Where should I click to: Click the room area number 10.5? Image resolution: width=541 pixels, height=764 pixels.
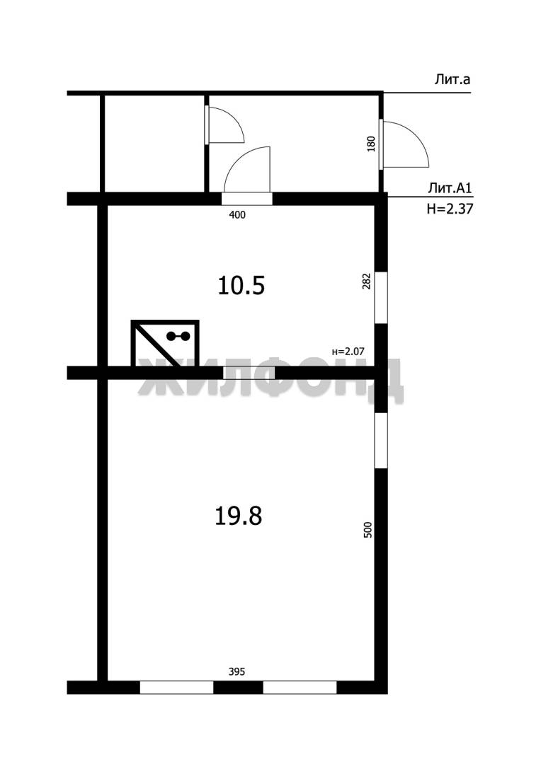(x=241, y=286)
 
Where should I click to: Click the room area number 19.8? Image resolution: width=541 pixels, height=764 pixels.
(x=239, y=516)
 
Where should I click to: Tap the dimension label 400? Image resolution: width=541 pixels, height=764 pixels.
(x=237, y=215)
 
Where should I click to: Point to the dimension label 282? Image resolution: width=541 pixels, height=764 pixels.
(x=367, y=281)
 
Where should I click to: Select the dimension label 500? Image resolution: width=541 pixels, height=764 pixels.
(x=368, y=530)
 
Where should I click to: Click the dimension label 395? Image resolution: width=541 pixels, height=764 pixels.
(x=237, y=672)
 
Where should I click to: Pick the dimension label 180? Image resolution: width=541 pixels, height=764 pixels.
(x=371, y=144)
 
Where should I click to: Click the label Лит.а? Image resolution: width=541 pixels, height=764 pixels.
(x=452, y=80)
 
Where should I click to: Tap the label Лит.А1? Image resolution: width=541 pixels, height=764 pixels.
(x=450, y=188)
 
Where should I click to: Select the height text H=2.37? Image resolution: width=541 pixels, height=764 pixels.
(x=450, y=209)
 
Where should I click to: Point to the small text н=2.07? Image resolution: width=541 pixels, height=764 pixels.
(x=348, y=351)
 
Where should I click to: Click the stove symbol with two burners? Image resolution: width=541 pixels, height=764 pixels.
(x=165, y=343)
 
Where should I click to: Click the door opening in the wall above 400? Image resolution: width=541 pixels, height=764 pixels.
(x=247, y=199)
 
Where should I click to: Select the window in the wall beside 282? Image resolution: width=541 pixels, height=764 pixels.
(x=381, y=297)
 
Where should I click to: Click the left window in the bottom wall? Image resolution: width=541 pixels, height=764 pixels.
(x=176, y=688)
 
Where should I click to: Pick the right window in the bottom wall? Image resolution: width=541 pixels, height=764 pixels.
(x=300, y=688)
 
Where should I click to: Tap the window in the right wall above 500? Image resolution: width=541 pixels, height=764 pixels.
(x=381, y=441)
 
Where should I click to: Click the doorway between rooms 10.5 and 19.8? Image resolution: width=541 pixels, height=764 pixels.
(x=249, y=373)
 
